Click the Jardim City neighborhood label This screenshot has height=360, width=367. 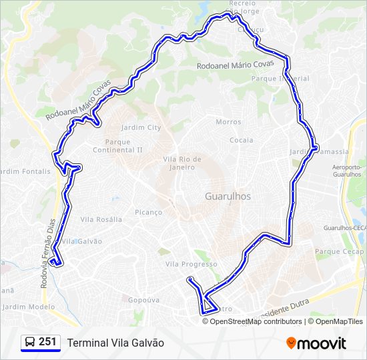(x=140, y=127)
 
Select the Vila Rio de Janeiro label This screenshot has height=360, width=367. (x=182, y=162)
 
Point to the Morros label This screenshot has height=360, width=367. (x=228, y=121)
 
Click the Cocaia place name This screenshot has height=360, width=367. (x=241, y=140)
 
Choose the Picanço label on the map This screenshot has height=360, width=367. (x=148, y=212)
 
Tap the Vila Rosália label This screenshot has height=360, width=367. (x=101, y=219)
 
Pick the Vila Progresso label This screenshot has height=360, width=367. (x=192, y=264)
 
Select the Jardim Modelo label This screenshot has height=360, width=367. (x=28, y=307)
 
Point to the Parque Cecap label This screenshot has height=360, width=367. (x=340, y=252)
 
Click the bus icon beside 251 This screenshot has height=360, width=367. (x=30, y=342)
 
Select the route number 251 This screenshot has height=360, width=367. (x=47, y=342)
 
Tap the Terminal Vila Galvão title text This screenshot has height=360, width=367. (x=115, y=342)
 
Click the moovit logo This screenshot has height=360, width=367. (x=316, y=343)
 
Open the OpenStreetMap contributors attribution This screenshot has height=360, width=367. (x=255, y=321)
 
